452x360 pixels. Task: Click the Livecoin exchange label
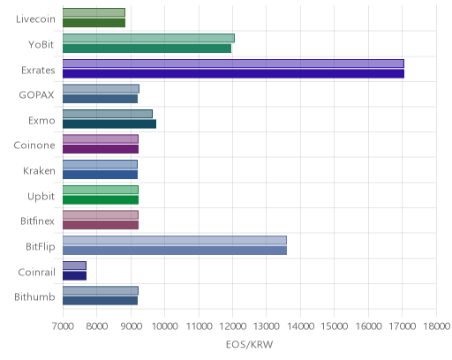(35, 19)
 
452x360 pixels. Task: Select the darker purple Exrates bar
(233, 74)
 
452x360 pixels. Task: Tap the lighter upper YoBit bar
(148, 38)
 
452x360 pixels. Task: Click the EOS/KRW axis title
(250, 344)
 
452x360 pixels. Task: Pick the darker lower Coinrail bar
(74, 276)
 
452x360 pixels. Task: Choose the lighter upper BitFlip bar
(175, 240)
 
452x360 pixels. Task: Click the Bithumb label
(34, 297)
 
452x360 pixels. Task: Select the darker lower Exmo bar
(109, 124)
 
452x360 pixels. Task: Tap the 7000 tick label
(63, 326)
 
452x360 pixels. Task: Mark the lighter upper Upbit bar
(101, 190)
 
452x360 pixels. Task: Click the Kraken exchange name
(39, 171)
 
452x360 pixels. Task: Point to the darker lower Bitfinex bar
(101, 225)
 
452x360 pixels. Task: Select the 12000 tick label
(232, 326)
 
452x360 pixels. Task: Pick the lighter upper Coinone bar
(101, 139)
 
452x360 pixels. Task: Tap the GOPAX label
(37, 95)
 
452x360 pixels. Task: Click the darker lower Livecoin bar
(94, 23)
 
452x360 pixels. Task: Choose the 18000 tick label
(436, 326)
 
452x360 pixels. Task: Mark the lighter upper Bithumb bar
(101, 291)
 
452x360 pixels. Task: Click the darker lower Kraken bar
(100, 175)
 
